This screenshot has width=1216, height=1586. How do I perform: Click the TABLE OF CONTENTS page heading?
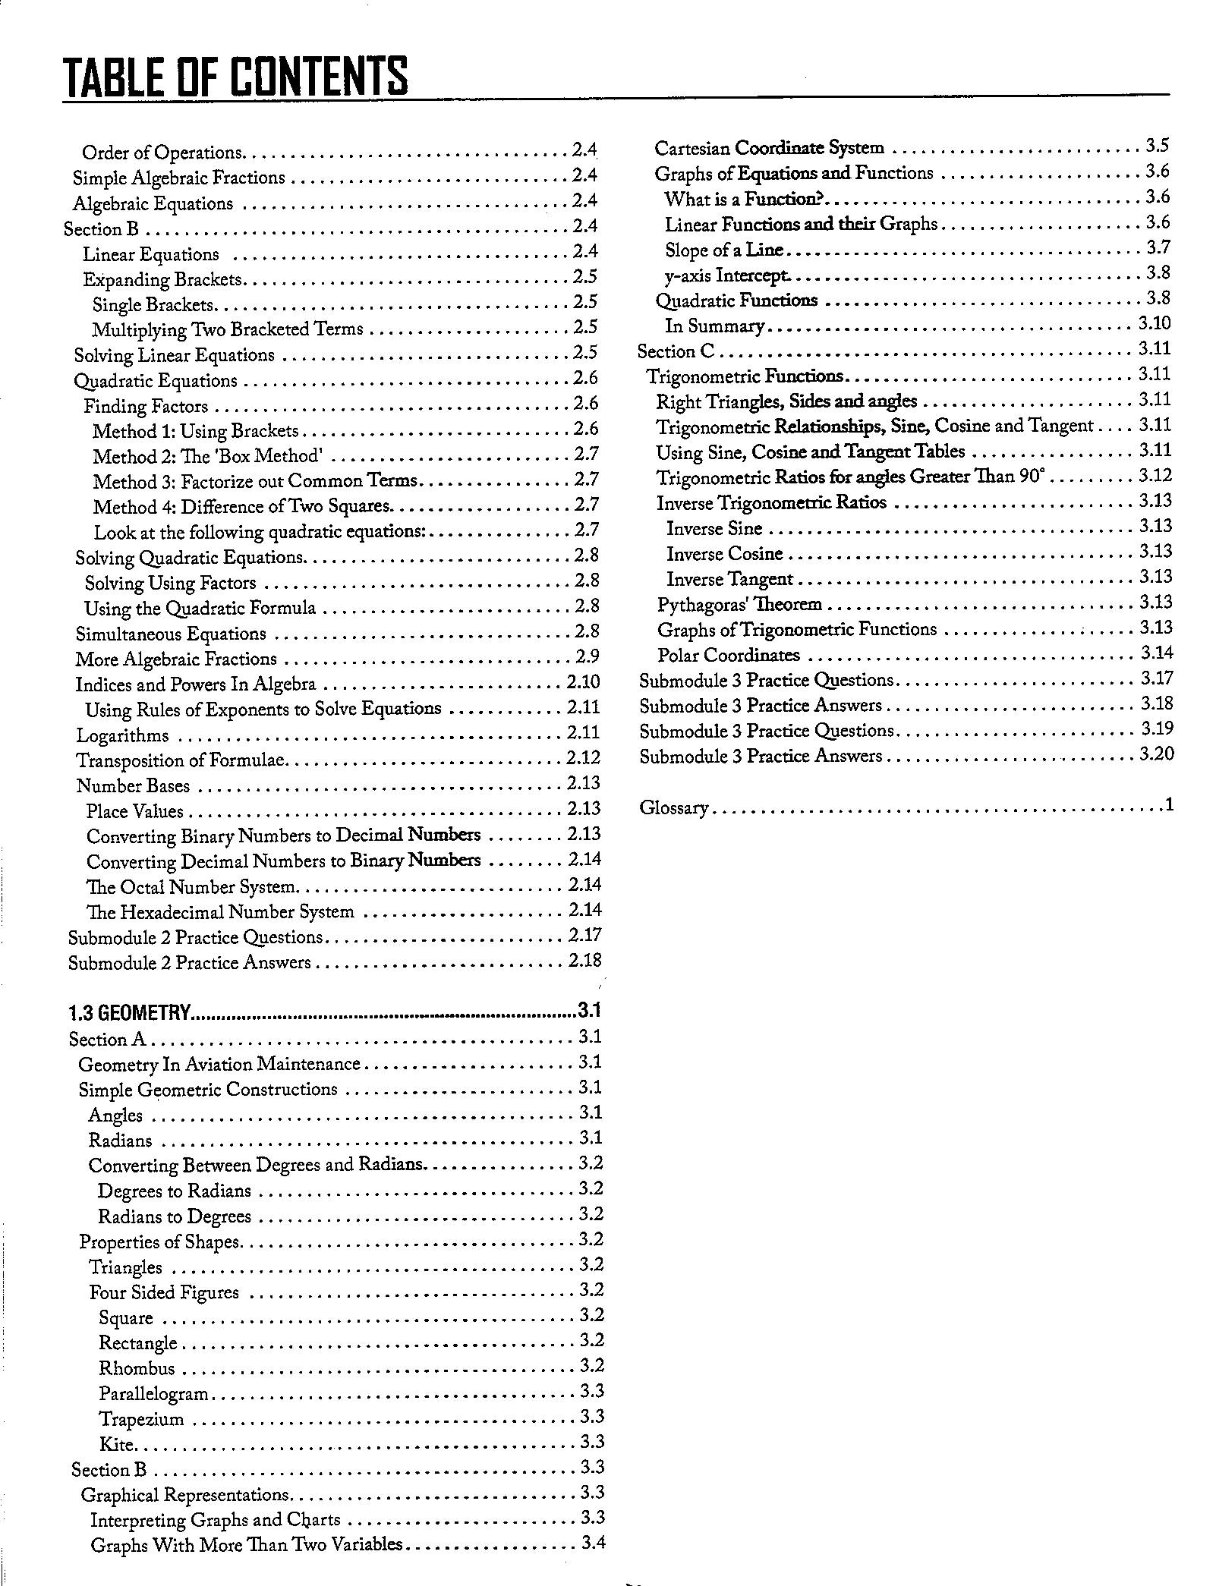[x=236, y=77]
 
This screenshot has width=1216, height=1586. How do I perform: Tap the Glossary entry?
[x=673, y=807]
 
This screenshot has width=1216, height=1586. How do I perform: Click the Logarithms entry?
[x=122, y=735]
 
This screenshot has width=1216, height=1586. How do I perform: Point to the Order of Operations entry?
[x=161, y=153]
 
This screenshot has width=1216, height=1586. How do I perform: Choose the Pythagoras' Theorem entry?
[x=739, y=605]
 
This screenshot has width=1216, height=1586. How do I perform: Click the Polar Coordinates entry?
[x=728, y=655]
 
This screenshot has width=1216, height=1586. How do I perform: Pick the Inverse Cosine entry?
[x=724, y=554]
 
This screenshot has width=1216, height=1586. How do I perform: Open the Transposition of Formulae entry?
[x=181, y=760]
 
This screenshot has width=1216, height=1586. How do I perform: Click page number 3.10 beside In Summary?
[x=1155, y=324]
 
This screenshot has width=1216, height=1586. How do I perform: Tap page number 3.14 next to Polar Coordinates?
[x=1157, y=653]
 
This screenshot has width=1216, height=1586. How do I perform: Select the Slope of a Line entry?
[x=723, y=250]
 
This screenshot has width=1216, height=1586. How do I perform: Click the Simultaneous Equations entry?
[x=170, y=634]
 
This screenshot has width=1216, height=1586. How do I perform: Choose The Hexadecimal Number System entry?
[x=219, y=911]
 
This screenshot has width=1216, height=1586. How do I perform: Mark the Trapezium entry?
[x=141, y=1419]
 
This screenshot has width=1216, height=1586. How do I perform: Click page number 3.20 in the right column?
[x=1157, y=754]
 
